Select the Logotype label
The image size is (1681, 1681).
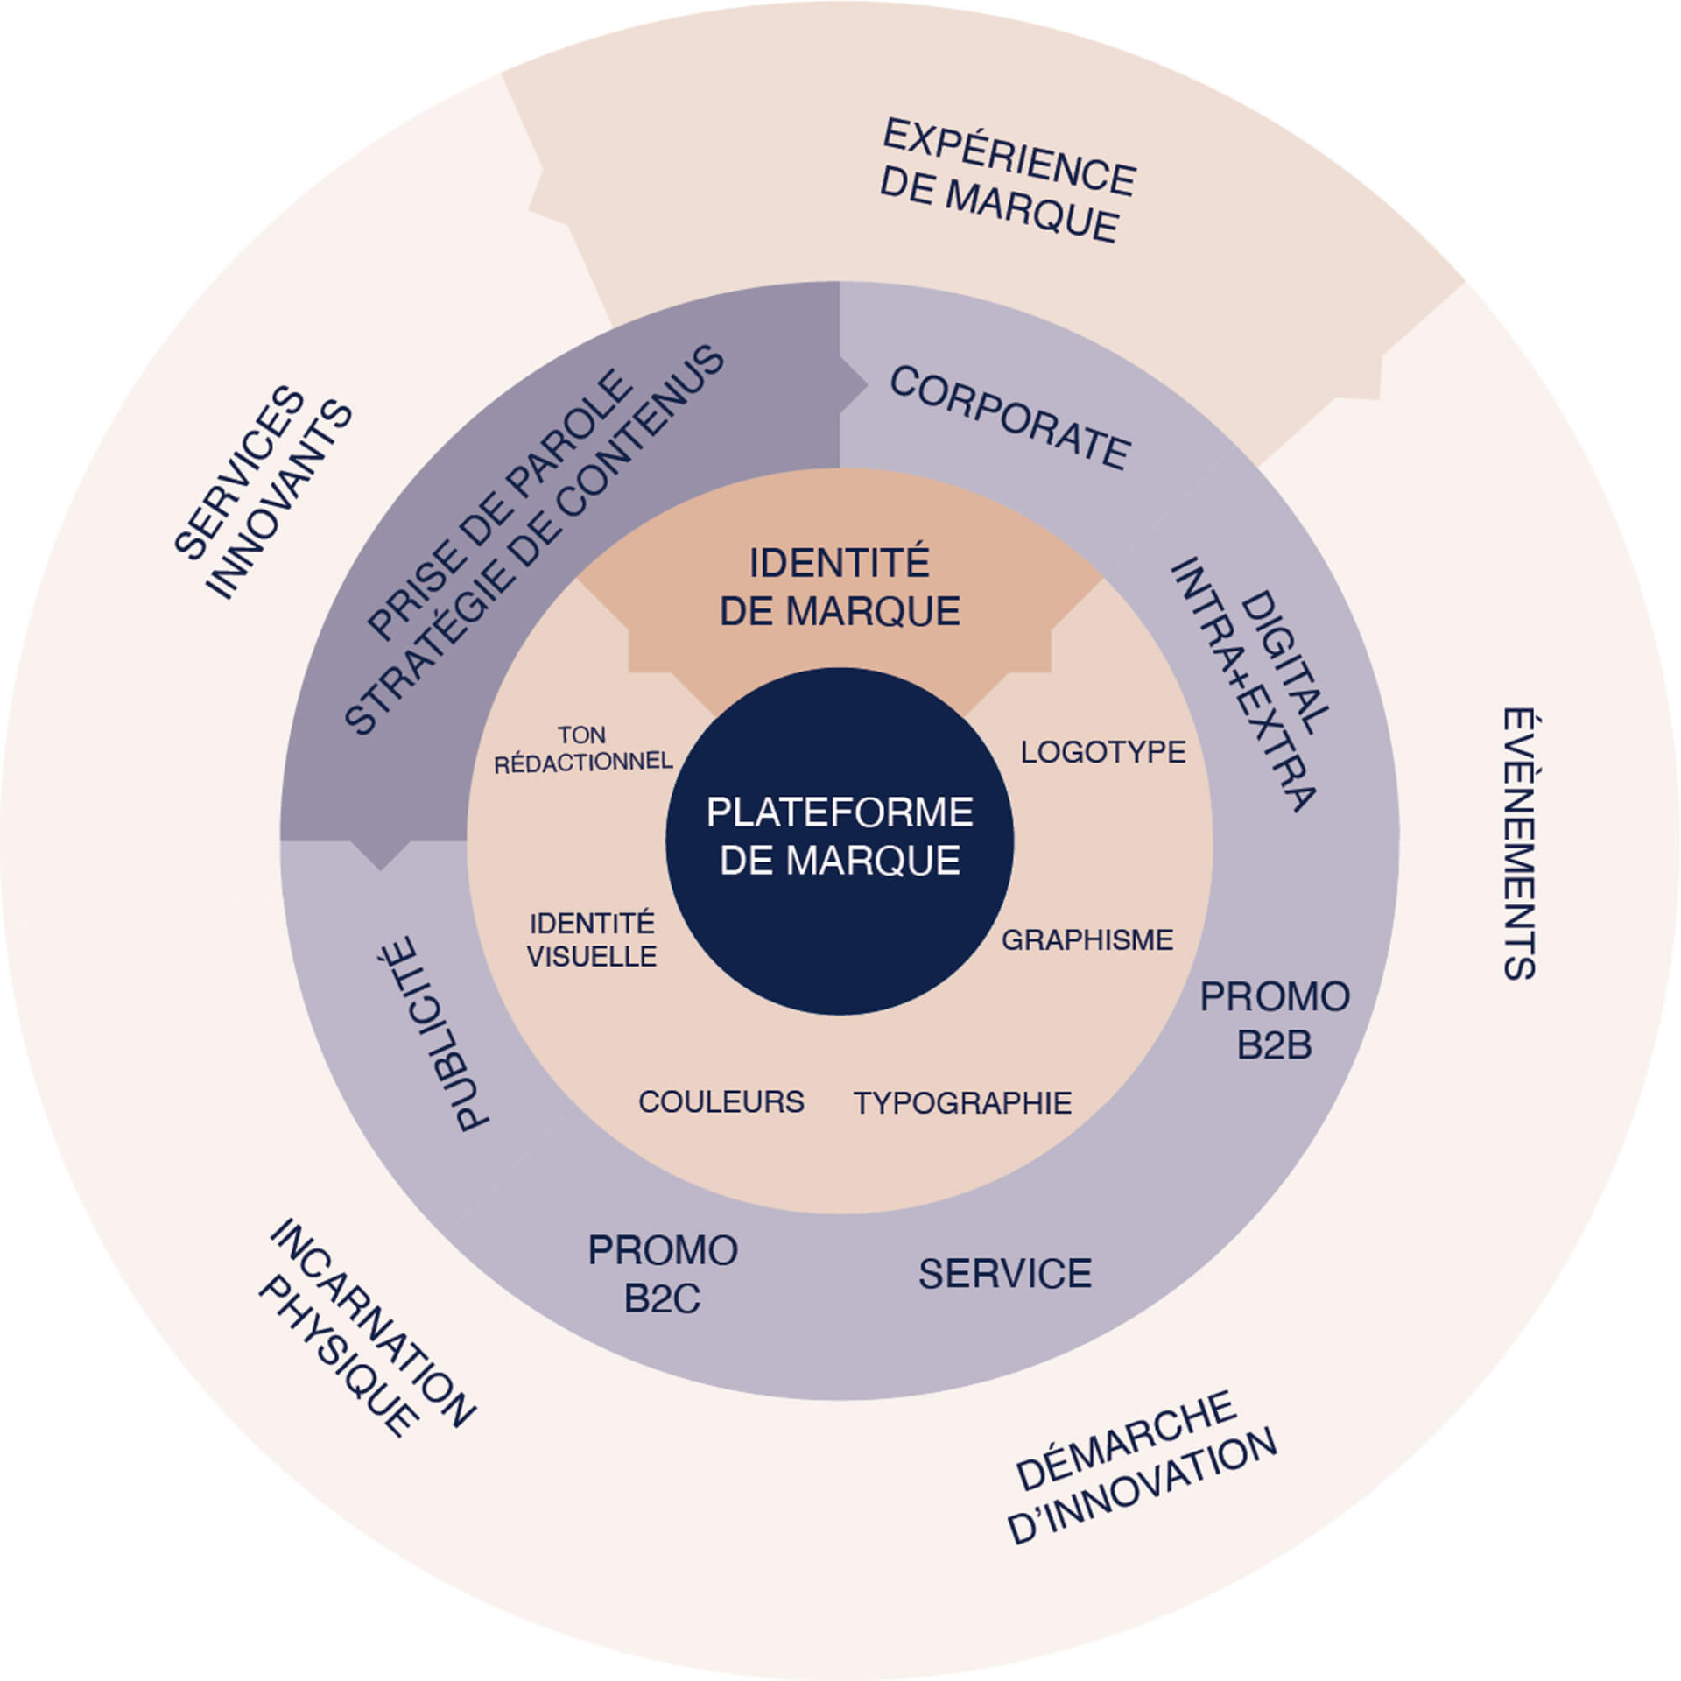pyautogui.click(x=1102, y=752)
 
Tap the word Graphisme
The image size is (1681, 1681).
pyautogui.click(x=1087, y=940)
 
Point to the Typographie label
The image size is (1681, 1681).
pyautogui.click(x=962, y=1102)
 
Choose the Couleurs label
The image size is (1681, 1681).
pyautogui.click(x=721, y=1101)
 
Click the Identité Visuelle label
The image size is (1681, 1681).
pyautogui.click(x=592, y=939)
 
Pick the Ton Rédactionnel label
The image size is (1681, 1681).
pyautogui.click(x=583, y=749)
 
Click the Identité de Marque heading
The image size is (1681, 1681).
pyautogui.click(x=840, y=587)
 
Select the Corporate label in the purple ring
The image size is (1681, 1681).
pyautogui.click(x=1009, y=418)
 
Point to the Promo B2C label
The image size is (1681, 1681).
pyautogui.click(x=663, y=1275)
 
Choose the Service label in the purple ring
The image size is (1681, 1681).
pyautogui.click(x=1005, y=1273)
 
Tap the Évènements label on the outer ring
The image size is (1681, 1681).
pyautogui.click(x=1520, y=843)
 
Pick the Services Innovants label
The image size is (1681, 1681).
pyautogui.click(x=261, y=491)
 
